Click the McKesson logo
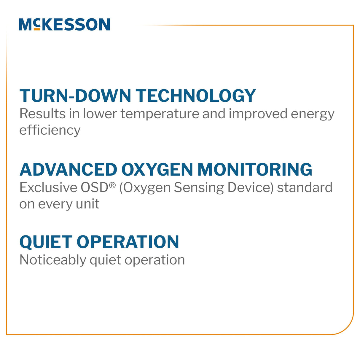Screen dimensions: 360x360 point(64,25)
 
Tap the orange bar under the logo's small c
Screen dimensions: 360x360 point(37,29)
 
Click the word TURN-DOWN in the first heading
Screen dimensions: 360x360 point(75,96)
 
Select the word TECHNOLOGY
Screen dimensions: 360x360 point(196,96)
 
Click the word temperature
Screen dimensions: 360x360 point(160,114)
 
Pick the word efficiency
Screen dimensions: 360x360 point(50,130)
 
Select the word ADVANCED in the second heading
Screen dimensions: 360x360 point(69,170)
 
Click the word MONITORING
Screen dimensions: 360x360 point(255,170)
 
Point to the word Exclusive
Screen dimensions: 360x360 point(48,187)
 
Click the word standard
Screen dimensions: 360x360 point(305,187)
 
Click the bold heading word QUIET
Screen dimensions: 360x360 point(46,242)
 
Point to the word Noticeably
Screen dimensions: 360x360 point(53,260)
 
